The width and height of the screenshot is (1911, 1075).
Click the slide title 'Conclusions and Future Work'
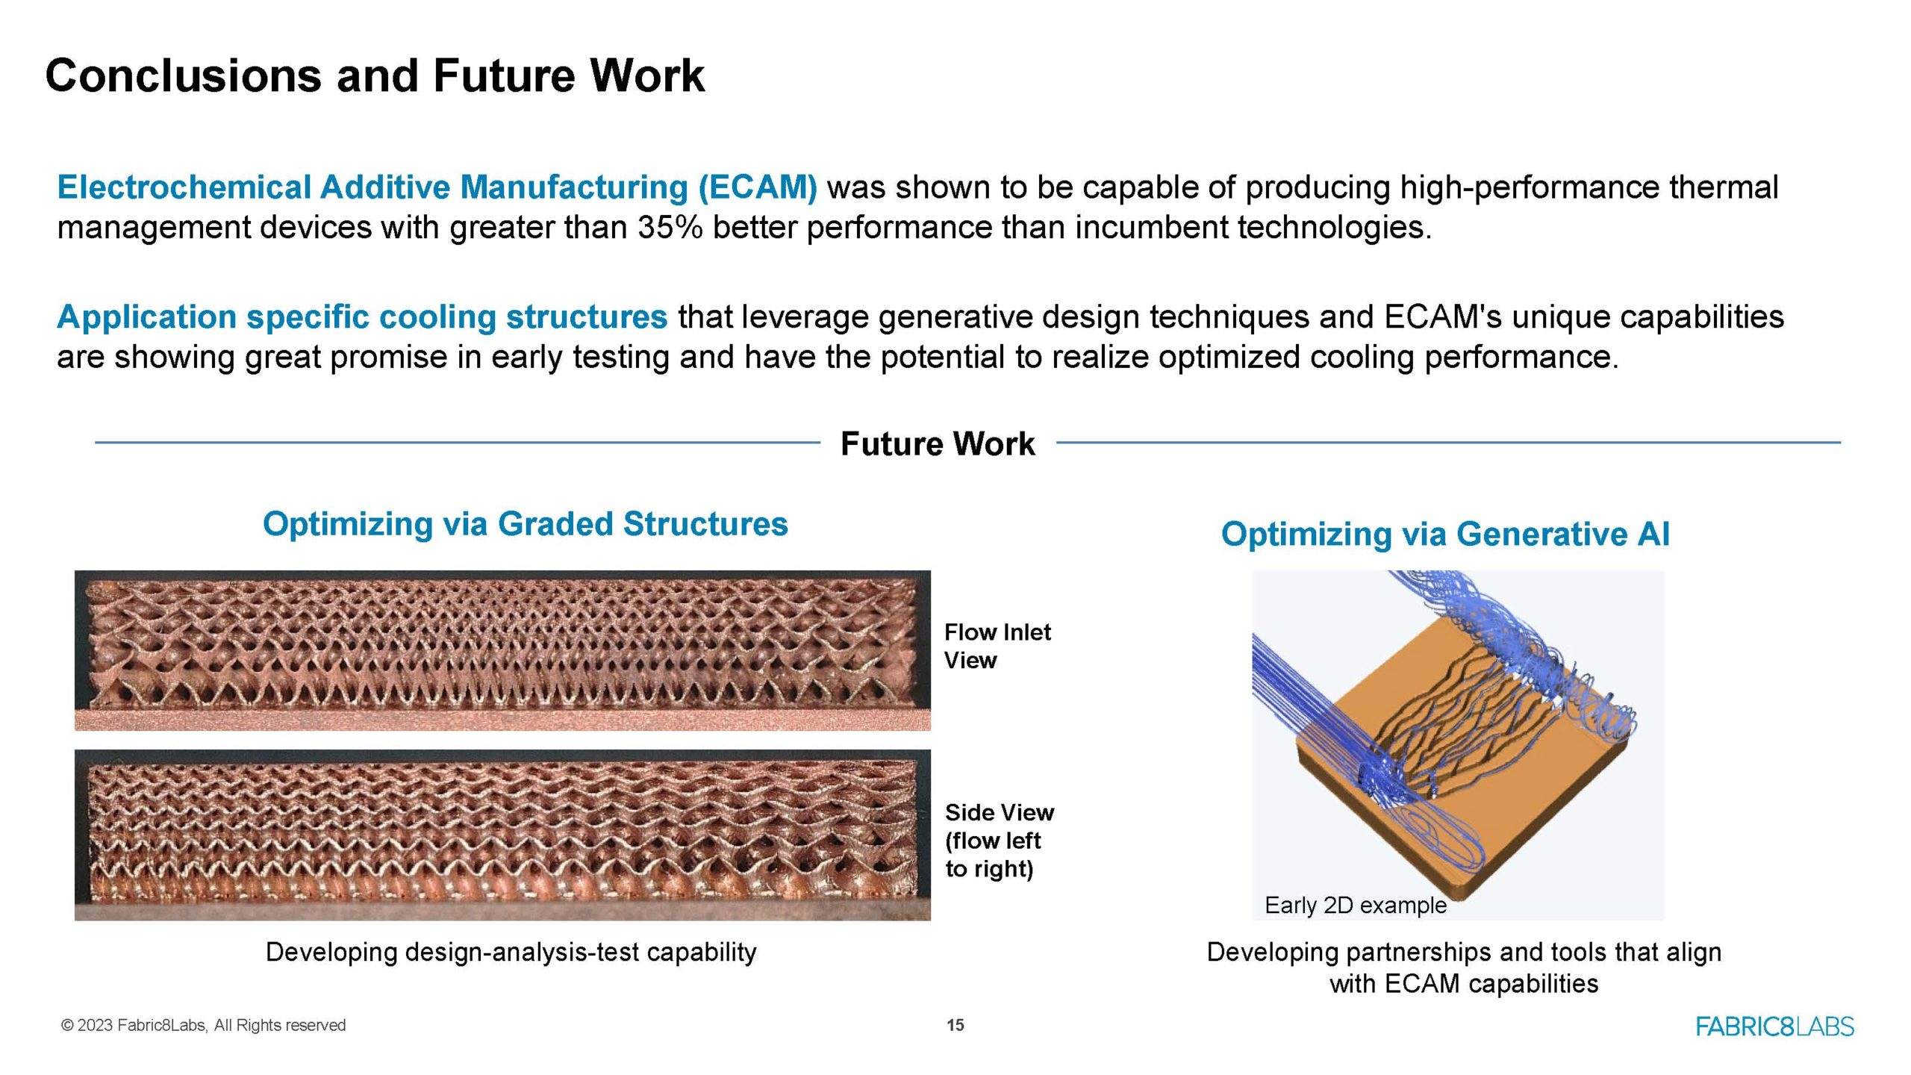point(375,75)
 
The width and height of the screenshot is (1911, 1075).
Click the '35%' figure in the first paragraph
point(670,227)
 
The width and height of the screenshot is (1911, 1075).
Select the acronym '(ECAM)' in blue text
point(758,187)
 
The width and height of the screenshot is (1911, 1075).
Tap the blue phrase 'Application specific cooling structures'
point(362,317)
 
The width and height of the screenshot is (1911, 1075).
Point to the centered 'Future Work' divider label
point(938,443)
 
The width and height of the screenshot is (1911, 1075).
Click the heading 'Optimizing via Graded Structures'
point(525,524)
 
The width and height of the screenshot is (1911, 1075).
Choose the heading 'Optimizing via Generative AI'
point(1445,534)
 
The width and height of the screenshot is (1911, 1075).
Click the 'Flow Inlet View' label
point(997,646)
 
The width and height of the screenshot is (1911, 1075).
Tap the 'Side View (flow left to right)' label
point(1000,841)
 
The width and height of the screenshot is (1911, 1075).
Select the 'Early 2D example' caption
point(1356,906)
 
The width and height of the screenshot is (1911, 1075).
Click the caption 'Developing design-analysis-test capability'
point(511,952)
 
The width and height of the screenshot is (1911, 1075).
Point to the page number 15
point(955,1025)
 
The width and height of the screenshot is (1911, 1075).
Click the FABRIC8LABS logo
point(1775,1026)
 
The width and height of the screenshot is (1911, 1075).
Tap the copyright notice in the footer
point(203,1025)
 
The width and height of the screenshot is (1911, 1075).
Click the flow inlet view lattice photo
point(502,650)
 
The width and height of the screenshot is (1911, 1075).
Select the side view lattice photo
point(502,835)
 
